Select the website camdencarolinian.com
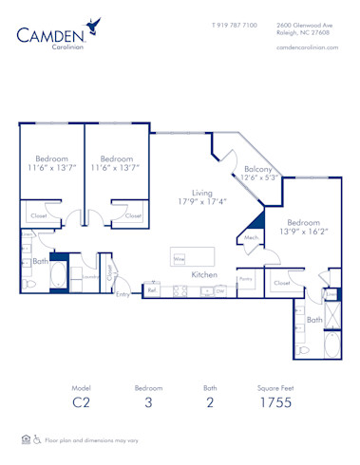[308, 47]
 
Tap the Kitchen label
[205, 274]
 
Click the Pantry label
[245, 279]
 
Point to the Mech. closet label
[252, 238]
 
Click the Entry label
[123, 294]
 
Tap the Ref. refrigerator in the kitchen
[152, 290]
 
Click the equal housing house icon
[24, 440]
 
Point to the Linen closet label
[330, 294]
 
